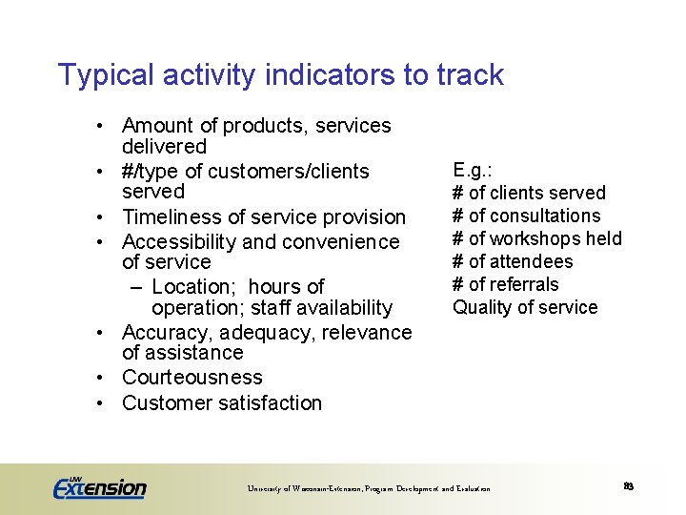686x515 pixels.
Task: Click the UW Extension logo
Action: tap(99, 486)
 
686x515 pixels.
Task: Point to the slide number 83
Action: tap(629, 486)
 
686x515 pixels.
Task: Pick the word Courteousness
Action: tap(192, 378)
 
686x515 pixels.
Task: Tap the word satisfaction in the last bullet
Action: tap(270, 403)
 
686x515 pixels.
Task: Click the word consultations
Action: tap(544, 216)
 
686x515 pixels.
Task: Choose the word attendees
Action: tap(532, 261)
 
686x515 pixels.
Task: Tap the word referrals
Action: tap(524, 284)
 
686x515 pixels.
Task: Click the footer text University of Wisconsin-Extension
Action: tap(309, 489)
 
